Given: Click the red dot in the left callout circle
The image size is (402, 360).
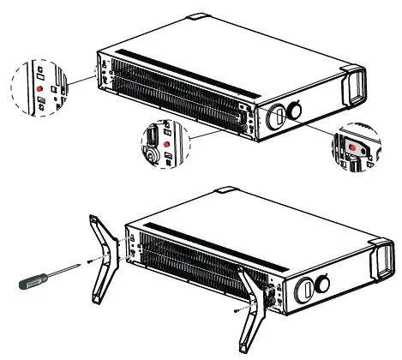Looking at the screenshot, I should (x=38, y=88).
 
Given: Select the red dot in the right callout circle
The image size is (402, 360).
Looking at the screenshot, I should (x=353, y=147).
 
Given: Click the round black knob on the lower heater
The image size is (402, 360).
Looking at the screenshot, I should (x=325, y=285).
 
